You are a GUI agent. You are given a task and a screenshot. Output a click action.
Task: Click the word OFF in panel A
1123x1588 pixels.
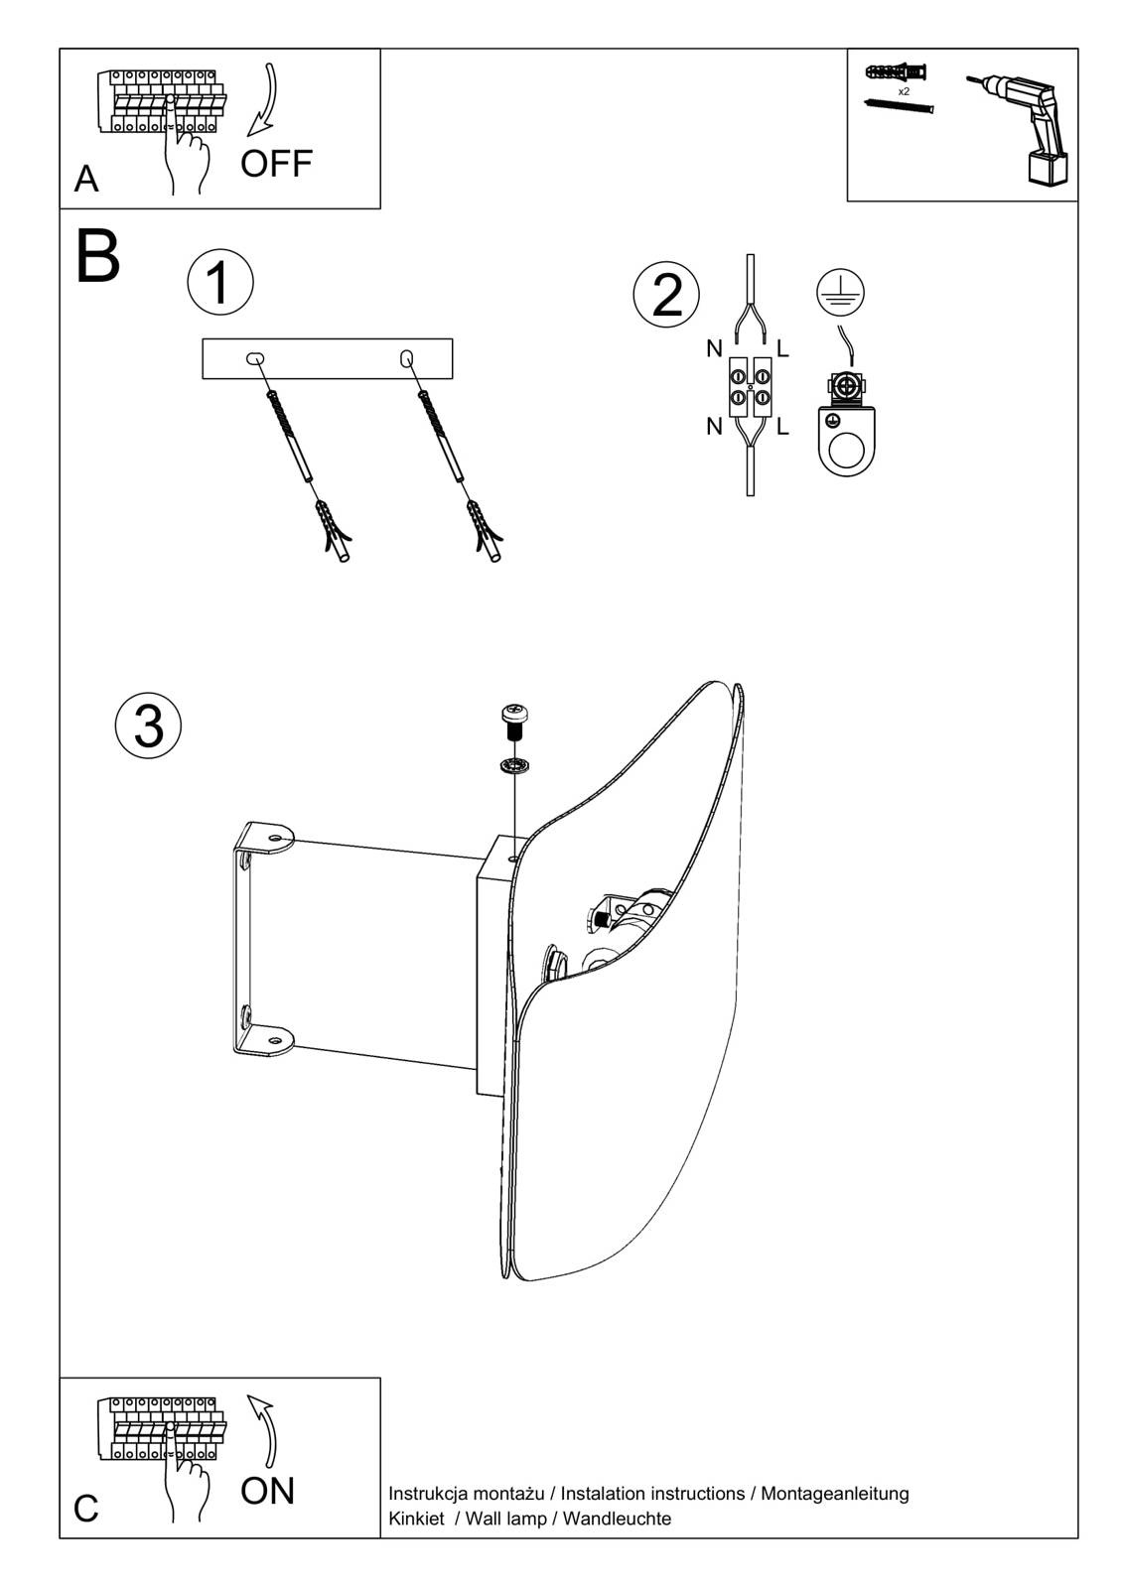(276, 164)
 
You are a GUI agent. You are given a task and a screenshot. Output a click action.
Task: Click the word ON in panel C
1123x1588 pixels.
(267, 1490)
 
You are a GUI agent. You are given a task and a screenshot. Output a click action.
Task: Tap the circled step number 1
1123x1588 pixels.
(219, 281)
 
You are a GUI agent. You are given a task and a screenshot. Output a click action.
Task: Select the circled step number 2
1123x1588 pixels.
(666, 295)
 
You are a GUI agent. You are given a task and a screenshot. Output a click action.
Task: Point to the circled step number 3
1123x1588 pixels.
(148, 726)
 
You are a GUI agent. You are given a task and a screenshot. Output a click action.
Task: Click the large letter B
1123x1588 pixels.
(97, 257)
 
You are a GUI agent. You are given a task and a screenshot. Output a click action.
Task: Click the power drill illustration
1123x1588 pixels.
(1022, 126)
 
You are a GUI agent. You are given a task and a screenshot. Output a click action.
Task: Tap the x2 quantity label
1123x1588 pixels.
(904, 90)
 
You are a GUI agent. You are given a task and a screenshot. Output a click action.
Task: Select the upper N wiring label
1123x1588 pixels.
(714, 348)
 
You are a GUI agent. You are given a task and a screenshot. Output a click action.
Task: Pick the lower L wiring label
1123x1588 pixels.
(782, 428)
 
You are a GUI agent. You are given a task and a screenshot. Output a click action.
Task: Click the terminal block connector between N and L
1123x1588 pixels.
(750, 387)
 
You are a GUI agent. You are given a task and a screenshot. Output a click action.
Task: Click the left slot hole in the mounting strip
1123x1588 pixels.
(254, 357)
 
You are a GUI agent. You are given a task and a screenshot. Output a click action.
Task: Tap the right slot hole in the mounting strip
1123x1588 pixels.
(406, 356)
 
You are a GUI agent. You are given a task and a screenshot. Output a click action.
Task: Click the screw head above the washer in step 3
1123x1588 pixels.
(514, 715)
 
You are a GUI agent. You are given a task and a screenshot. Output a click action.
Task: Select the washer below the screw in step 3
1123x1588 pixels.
(514, 764)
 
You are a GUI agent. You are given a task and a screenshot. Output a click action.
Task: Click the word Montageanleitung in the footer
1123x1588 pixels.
(834, 1493)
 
